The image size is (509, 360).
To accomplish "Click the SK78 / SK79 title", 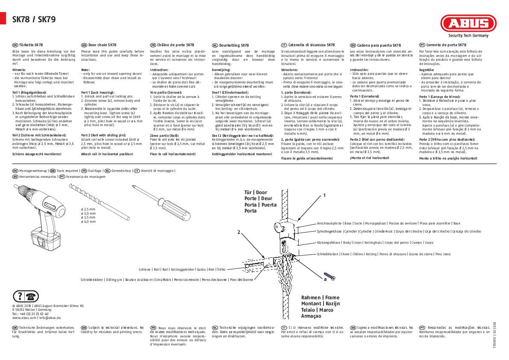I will tap(33, 19).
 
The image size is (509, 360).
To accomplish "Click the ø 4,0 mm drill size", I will tap(88, 222).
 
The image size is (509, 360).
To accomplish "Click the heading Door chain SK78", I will tap(102, 45).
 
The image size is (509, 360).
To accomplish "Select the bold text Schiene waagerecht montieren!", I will tap(37, 153).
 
